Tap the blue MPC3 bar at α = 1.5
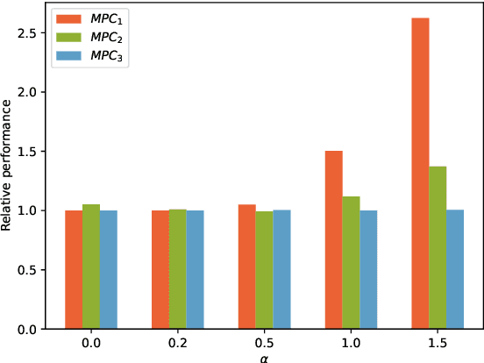click(455, 269)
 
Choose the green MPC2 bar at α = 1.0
click(352, 262)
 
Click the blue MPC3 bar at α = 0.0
click(109, 269)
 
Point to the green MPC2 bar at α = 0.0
click(91, 267)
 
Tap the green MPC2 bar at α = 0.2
click(178, 269)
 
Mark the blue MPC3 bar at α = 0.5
click(281, 269)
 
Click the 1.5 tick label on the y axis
click(28, 151)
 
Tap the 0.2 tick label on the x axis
click(178, 343)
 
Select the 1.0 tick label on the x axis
click(352, 343)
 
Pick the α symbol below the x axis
click(265, 357)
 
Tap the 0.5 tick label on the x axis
click(265, 343)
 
